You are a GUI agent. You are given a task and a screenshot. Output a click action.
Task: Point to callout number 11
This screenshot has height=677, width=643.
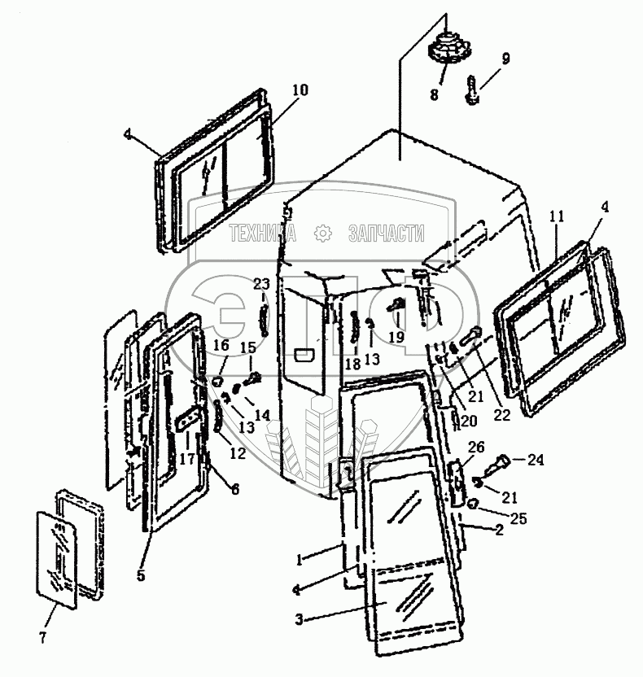(x=556, y=216)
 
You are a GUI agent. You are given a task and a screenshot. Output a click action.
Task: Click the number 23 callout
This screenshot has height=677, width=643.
(x=260, y=284)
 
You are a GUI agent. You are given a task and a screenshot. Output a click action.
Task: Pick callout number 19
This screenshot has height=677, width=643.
(x=396, y=336)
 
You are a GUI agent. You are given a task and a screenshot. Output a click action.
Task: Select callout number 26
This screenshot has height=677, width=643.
(x=476, y=446)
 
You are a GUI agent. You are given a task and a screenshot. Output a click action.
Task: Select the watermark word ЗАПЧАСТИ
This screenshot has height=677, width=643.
(x=386, y=234)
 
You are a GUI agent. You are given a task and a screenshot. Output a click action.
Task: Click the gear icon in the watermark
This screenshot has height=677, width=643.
(x=322, y=234)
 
